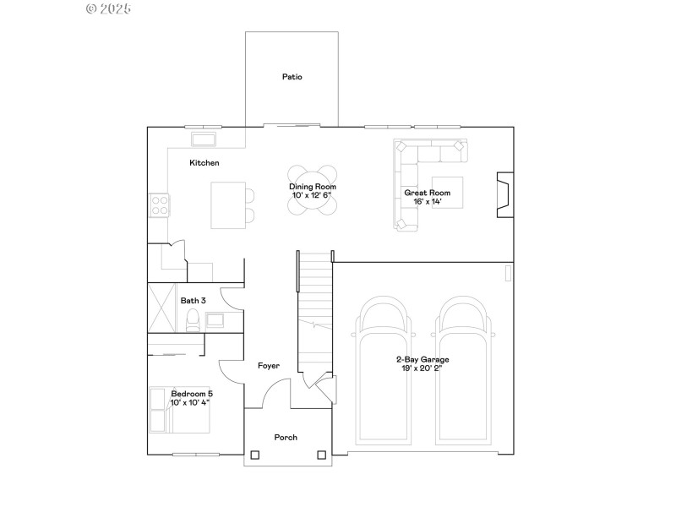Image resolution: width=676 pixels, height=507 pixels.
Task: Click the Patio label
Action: pos(292,77)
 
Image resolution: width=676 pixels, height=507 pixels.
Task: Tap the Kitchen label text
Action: pos(204,162)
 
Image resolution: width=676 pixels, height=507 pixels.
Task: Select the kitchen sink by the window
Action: pos(204,139)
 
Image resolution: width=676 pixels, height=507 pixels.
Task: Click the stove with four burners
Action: pos(159,204)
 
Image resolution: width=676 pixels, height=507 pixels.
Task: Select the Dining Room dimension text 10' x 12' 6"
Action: pos(312,195)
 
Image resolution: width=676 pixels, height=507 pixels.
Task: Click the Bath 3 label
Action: pos(194,300)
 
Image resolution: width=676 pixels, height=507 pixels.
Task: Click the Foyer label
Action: pos(269,365)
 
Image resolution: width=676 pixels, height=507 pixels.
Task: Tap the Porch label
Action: pos(286,437)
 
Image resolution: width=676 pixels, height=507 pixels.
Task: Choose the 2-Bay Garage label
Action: pos(422,359)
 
